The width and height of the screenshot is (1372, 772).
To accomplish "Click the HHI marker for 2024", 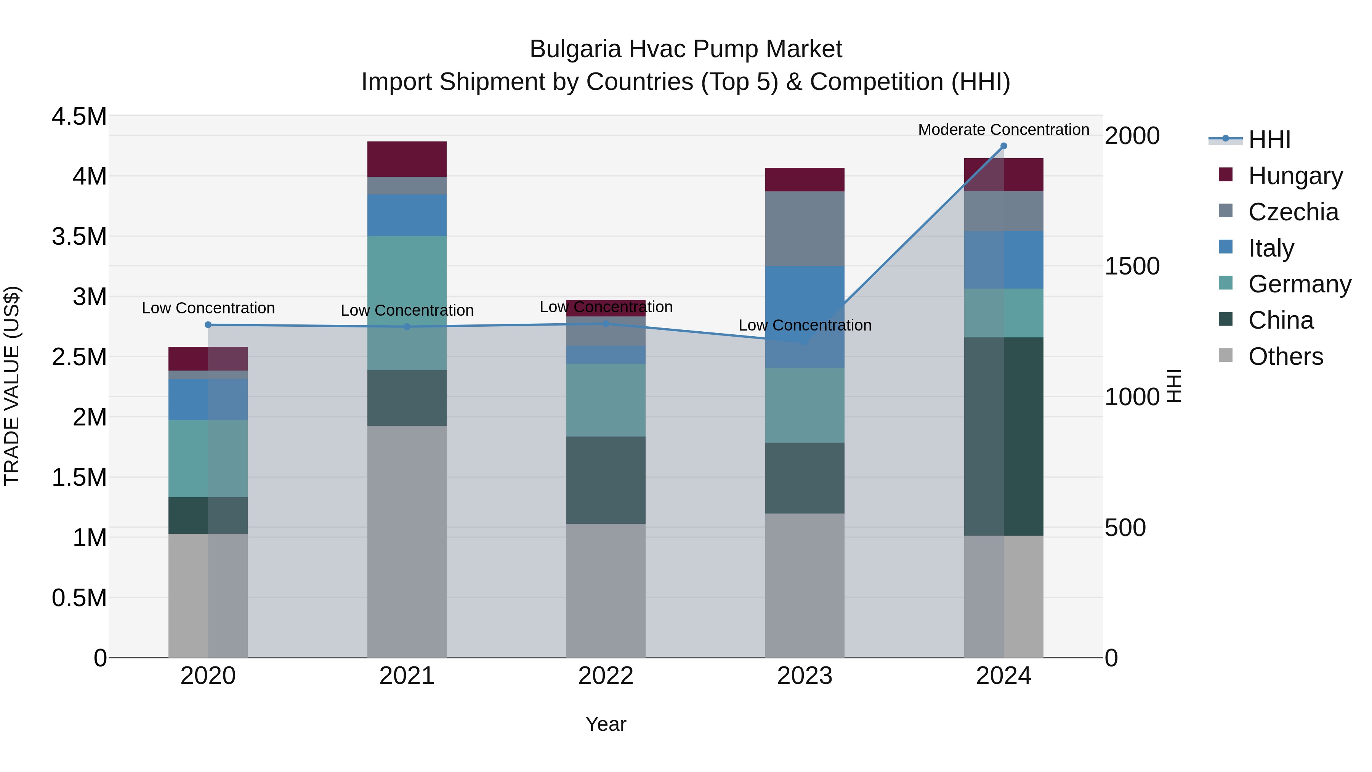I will click(1003, 146).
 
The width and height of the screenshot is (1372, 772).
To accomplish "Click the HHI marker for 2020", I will click(208, 324).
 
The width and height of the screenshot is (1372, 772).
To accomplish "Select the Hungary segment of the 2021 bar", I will click(407, 159).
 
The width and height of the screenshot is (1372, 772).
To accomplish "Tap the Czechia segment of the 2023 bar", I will click(805, 229).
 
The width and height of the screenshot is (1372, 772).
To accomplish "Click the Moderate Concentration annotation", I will click(1003, 130).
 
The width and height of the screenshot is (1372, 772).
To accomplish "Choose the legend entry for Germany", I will click(1300, 284).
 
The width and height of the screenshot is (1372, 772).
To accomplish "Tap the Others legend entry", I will click(1285, 356).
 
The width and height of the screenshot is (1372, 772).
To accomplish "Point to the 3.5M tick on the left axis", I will click(79, 236).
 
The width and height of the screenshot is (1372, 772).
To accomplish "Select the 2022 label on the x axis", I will click(606, 676).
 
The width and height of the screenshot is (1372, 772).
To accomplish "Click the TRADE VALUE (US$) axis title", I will click(12, 386).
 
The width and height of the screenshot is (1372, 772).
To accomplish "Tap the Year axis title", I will click(606, 724).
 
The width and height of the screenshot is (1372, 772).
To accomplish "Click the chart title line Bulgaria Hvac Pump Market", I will click(686, 49).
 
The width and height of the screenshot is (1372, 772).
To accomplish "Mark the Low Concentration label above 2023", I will click(805, 325).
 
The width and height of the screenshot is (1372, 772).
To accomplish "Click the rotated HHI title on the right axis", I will click(1174, 386).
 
